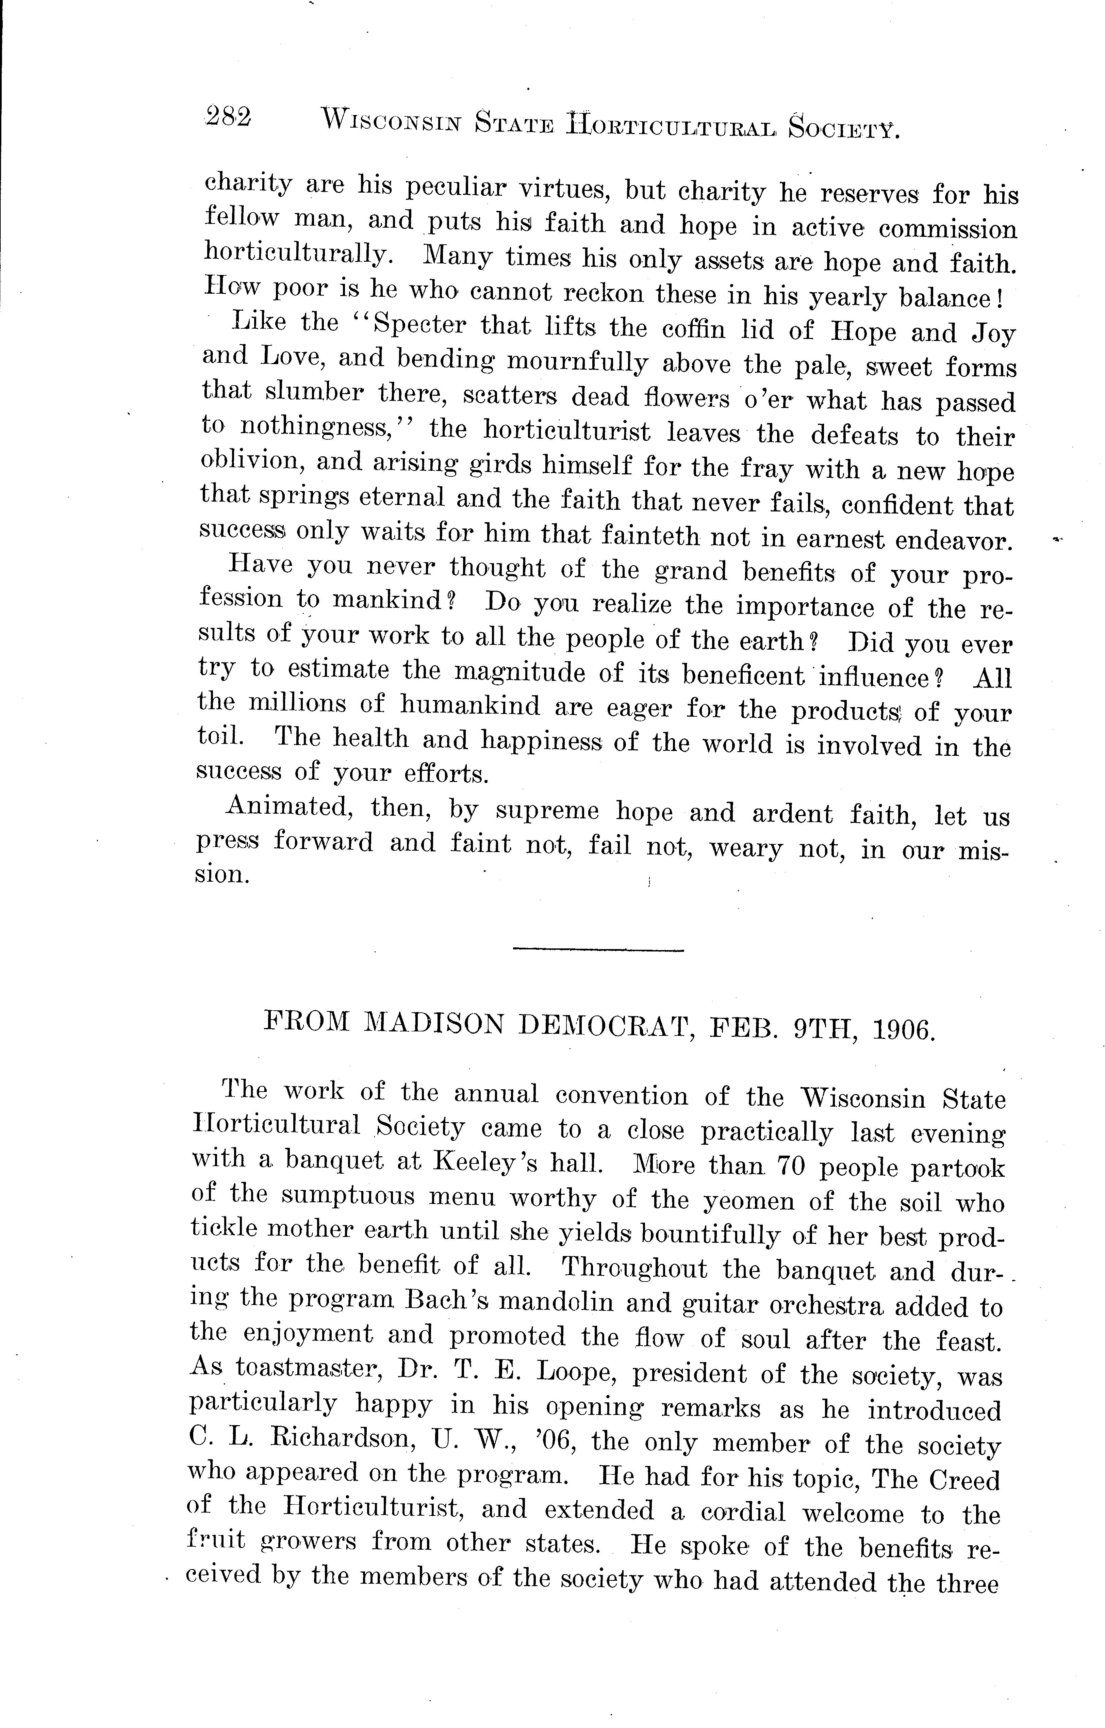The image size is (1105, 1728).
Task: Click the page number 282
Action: [x=228, y=116]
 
